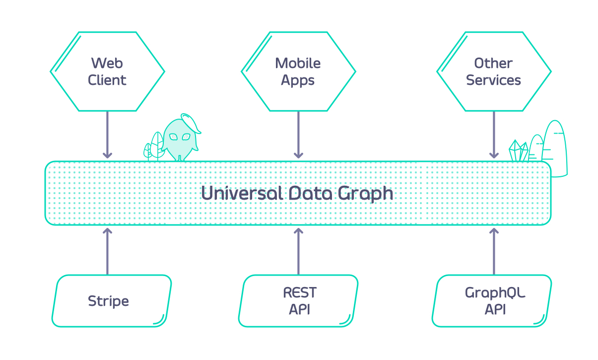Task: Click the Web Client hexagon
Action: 107,72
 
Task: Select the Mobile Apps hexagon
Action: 298,72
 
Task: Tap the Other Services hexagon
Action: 494,72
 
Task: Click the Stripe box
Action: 112,301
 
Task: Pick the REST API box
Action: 298,301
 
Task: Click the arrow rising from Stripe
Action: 107,251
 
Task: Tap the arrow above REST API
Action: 298,251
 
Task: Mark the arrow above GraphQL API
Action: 494,251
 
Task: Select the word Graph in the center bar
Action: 366,194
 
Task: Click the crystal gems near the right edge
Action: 518,151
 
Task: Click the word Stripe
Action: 108,301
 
